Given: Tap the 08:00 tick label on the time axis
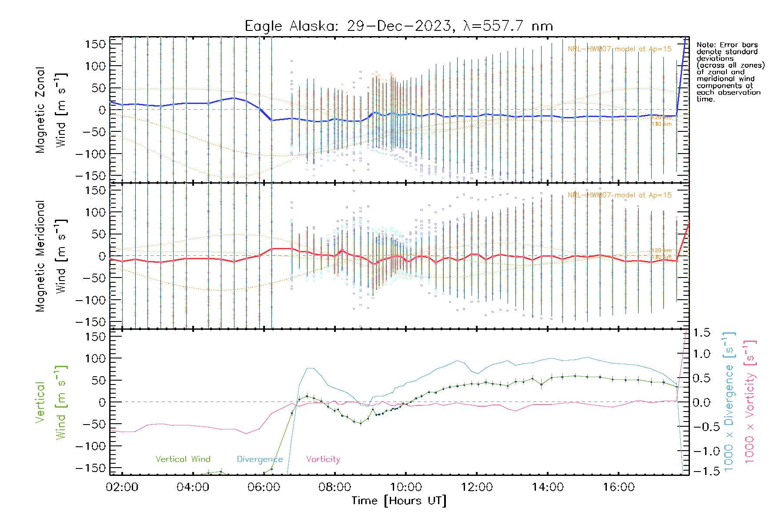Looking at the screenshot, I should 335,487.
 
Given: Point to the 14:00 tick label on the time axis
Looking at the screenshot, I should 548,487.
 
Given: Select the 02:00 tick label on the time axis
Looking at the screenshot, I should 122,487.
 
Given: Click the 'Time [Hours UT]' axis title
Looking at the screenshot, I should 399,501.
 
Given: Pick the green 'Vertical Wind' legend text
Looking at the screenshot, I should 183,459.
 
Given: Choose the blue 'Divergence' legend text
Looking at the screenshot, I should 260,459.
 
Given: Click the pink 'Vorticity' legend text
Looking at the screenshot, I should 323,459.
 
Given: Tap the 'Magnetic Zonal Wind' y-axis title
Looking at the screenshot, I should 51,110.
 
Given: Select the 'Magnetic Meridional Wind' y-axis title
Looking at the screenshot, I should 51,256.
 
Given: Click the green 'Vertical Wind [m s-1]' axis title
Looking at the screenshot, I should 51,402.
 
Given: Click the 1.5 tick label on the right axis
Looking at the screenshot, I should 701,333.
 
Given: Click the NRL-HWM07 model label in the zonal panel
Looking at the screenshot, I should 619,49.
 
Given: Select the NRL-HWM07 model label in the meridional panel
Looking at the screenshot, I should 619,195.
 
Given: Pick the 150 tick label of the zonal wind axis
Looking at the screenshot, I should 96,44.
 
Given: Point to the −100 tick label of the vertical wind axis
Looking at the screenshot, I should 90,446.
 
